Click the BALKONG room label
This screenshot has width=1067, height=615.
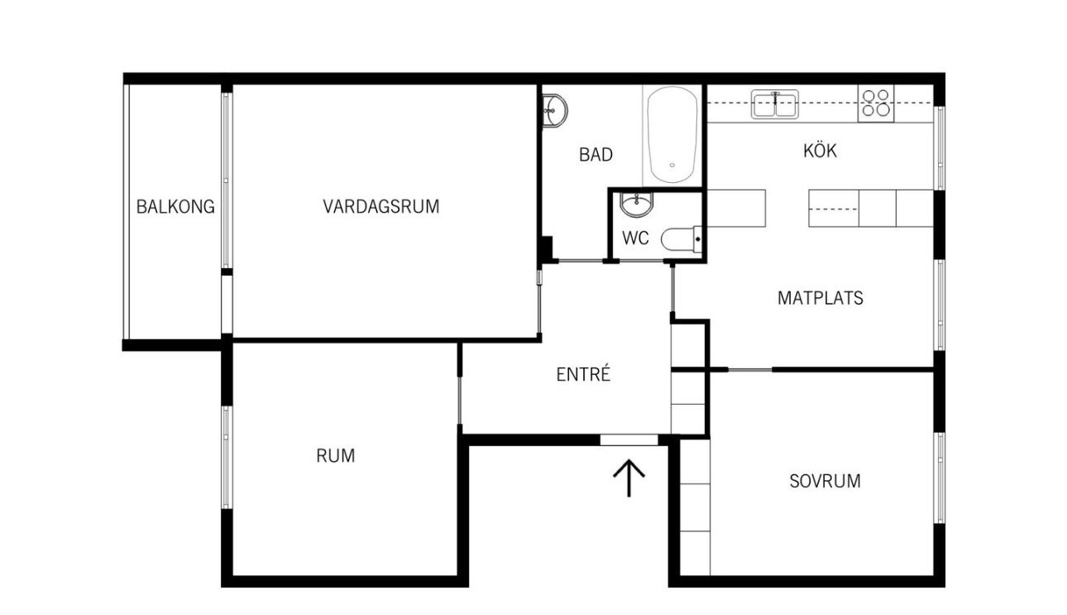tap(175, 207)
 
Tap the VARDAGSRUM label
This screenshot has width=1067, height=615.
tap(381, 206)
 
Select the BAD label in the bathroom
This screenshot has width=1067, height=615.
tap(596, 155)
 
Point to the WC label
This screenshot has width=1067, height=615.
tap(635, 238)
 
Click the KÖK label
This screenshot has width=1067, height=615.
tap(820, 150)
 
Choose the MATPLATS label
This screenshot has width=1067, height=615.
tap(821, 298)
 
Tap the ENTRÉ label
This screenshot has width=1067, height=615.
tap(583, 374)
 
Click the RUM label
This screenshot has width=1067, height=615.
tap(336, 456)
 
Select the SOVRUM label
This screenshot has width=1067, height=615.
tap(825, 481)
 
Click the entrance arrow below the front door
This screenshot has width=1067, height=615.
tap(629, 478)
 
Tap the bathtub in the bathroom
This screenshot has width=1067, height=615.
tap(672, 135)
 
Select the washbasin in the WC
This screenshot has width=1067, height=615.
tap(636, 204)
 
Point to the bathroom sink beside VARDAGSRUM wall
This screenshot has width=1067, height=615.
tap(554, 111)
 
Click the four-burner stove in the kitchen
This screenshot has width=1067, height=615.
tap(876, 103)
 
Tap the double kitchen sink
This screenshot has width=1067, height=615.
tap(775, 104)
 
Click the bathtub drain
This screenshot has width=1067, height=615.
tap(672, 166)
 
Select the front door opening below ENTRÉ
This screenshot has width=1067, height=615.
tap(629, 440)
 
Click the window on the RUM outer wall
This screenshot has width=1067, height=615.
tap(227, 458)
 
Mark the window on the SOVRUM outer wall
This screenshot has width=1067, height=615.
tap(940, 478)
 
